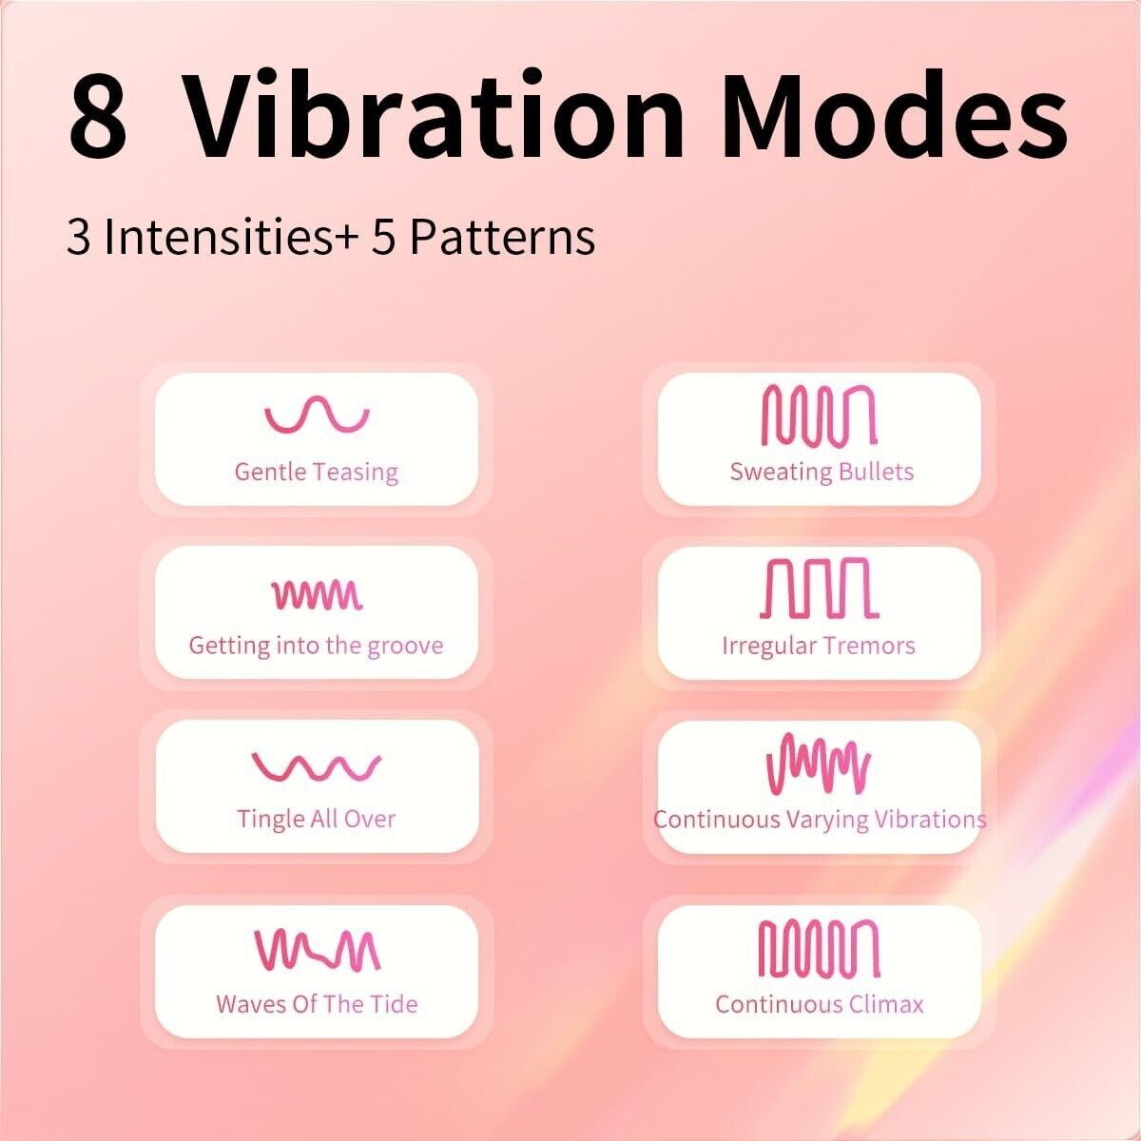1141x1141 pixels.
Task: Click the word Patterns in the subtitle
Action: pos(503,238)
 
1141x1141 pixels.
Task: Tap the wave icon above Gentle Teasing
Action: pos(317,414)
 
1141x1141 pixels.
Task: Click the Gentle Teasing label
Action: pos(317,473)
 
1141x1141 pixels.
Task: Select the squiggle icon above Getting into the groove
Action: pos(317,594)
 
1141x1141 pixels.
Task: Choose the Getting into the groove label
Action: pos(317,646)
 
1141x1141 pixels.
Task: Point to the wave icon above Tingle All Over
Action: pos(317,766)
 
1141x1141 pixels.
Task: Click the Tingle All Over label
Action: pos(317,819)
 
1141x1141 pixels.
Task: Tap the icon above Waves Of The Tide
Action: pos(318,951)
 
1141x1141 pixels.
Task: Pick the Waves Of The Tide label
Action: pos(317,1004)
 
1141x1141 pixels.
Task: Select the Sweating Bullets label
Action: pos(822,473)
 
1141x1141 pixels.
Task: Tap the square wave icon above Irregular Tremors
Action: pos(819,588)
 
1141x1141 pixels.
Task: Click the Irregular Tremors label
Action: pos(819,646)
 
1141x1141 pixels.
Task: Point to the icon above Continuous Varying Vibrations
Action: pos(819,764)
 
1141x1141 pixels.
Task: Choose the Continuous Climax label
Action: pos(819,1004)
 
